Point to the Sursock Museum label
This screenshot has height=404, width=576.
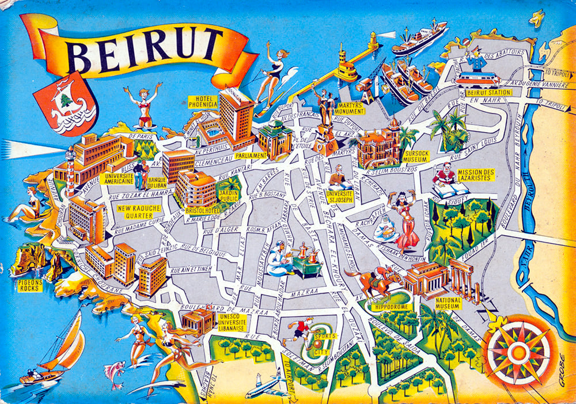(x=416, y=158)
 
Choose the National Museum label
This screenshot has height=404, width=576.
(x=448, y=304)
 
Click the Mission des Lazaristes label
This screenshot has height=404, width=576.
(x=475, y=175)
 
